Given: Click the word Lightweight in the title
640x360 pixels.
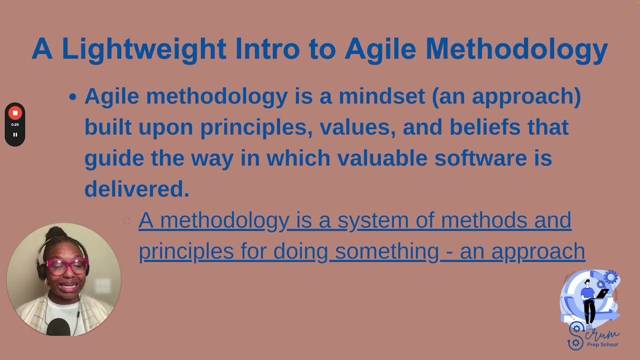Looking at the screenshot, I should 143,49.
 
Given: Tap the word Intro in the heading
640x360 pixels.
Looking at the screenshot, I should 267,49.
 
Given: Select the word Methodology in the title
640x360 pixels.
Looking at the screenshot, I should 516,49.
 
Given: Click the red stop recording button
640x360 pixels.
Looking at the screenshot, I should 15,113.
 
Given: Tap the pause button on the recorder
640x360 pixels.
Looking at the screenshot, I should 15,134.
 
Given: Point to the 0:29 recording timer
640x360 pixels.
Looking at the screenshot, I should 15,124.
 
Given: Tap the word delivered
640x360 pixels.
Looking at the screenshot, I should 136,189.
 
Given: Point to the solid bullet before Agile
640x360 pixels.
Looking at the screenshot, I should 73,97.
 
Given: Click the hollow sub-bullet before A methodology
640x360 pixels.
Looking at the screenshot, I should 127,220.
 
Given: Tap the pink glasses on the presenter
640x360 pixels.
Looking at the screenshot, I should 67,265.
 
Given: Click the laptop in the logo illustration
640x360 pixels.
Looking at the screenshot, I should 601,294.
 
